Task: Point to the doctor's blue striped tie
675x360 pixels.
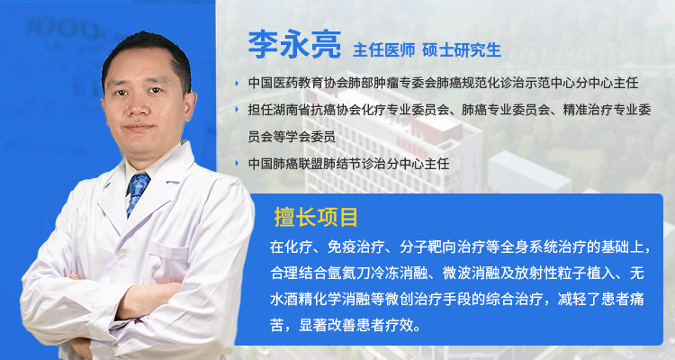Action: pos(137,193)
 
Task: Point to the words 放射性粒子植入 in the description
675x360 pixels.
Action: pos(573,271)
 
